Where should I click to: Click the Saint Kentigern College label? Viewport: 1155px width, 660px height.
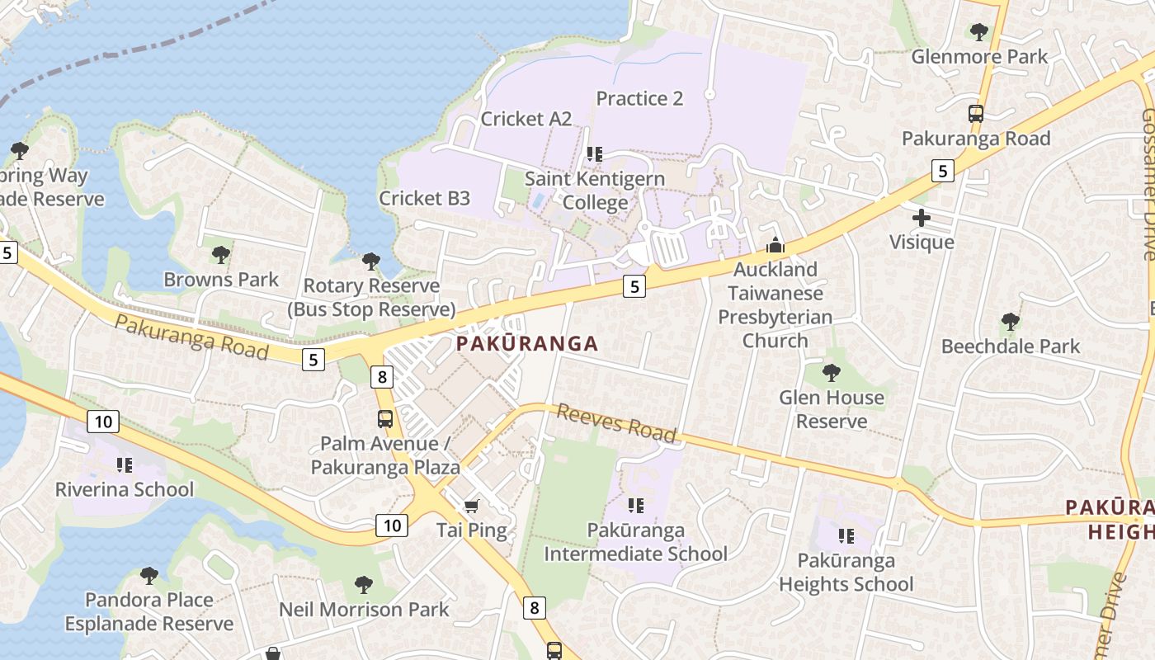[x=588, y=191]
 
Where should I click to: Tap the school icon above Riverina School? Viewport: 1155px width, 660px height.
[x=125, y=465]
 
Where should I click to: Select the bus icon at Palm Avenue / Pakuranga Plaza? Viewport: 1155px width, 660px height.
[x=385, y=418]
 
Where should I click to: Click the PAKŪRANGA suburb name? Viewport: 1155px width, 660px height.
[x=527, y=344]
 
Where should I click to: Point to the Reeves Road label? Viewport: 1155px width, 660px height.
[x=616, y=422]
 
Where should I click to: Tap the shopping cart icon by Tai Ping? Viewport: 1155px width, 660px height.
[x=471, y=505]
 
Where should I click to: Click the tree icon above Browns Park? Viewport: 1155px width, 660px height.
[x=220, y=254]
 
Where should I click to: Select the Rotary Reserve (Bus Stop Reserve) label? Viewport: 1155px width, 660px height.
[x=371, y=298]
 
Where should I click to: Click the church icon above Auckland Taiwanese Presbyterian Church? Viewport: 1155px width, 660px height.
[x=775, y=245]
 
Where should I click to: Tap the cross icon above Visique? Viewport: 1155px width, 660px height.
[x=922, y=219]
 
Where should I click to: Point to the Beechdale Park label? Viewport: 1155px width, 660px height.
[x=1010, y=346]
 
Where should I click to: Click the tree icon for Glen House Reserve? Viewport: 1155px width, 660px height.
[x=832, y=373]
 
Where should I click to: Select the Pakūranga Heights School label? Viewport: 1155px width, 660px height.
[x=846, y=573]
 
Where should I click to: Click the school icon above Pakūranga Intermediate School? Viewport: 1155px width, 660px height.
[x=635, y=505]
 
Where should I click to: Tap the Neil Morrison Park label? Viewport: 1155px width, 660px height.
[x=364, y=610]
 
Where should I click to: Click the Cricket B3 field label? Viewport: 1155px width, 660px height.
[x=424, y=198]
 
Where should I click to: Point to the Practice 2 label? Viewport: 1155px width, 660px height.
[x=639, y=99]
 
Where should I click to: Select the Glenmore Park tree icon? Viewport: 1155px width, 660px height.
[x=979, y=32]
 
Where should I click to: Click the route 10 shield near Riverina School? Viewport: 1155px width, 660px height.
[x=102, y=422]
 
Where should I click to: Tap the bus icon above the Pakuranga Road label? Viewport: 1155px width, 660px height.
[x=976, y=114]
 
